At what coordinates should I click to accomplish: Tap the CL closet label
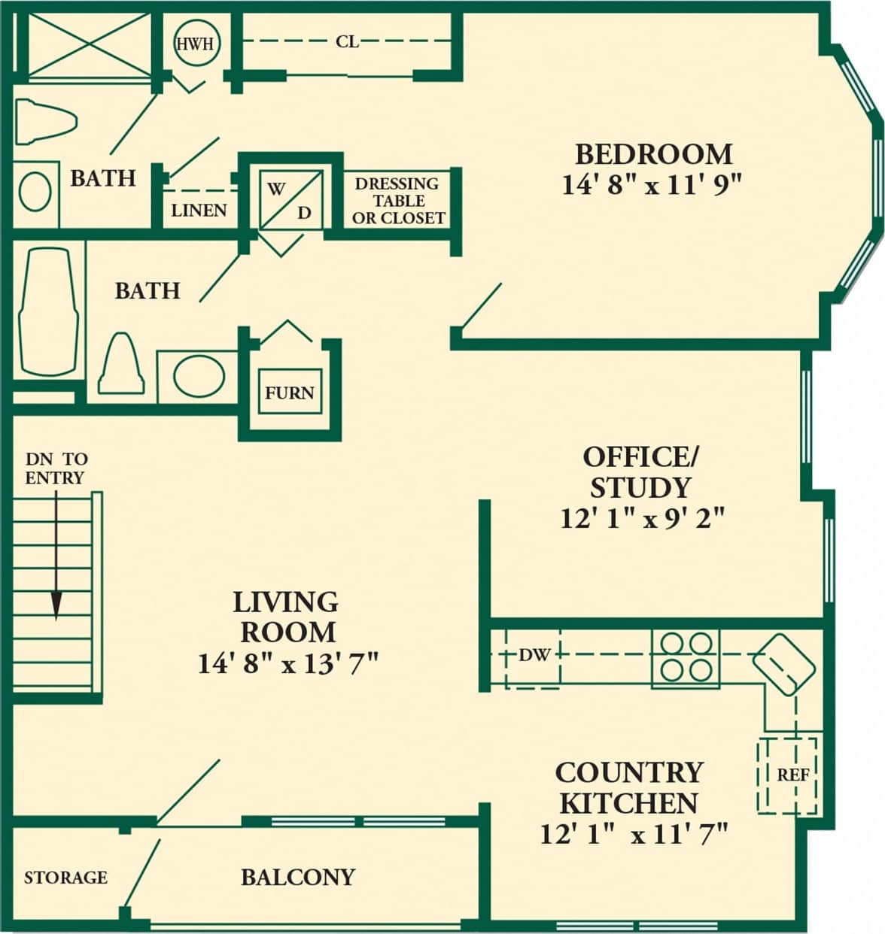click(347, 42)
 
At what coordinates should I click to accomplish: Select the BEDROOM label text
click(653, 154)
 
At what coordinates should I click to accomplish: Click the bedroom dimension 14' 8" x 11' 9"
click(652, 184)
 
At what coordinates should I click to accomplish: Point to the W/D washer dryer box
click(290, 199)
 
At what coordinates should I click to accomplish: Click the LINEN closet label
click(199, 211)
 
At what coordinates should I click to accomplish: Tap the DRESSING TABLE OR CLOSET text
click(397, 201)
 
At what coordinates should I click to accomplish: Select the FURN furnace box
click(289, 392)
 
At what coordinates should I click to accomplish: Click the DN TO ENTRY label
click(56, 468)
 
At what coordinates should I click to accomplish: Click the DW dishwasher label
click(535, 655)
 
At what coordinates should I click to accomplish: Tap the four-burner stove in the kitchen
click(686, 657)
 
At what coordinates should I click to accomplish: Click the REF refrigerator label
click(792, 775)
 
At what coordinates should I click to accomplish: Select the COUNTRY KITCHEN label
click(628, 787)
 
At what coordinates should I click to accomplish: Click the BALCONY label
click(297, 877)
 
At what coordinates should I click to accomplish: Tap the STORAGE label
click(65, 878)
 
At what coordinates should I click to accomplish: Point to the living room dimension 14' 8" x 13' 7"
click(287, 664)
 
